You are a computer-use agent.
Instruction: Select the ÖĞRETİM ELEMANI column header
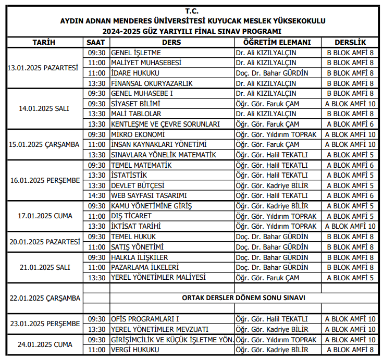click(x=277, y=42)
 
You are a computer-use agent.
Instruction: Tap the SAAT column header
click(x=96, y=42)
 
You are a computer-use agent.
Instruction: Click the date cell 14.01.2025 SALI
click(x=44, y=109)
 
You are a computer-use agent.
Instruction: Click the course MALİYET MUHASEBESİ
click(x=146, y=63)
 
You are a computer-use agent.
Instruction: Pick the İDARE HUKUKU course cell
click(x=135, y=73)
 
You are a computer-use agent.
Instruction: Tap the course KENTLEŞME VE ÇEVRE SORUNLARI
click(x=165, y=124)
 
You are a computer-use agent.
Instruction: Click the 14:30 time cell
click(x=96, y=195)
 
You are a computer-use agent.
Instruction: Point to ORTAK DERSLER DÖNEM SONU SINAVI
click(x=243, y=298)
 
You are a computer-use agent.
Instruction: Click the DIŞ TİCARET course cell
click(x=131, y=216)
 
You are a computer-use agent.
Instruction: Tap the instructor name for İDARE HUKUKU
click(x=272, y=73)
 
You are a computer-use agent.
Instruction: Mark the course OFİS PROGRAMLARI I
click(x=145, y=319)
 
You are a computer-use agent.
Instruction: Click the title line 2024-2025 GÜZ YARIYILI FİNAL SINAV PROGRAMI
click(x=192, y=31)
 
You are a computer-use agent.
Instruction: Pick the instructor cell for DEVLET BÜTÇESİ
click(x=272, y=185)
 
